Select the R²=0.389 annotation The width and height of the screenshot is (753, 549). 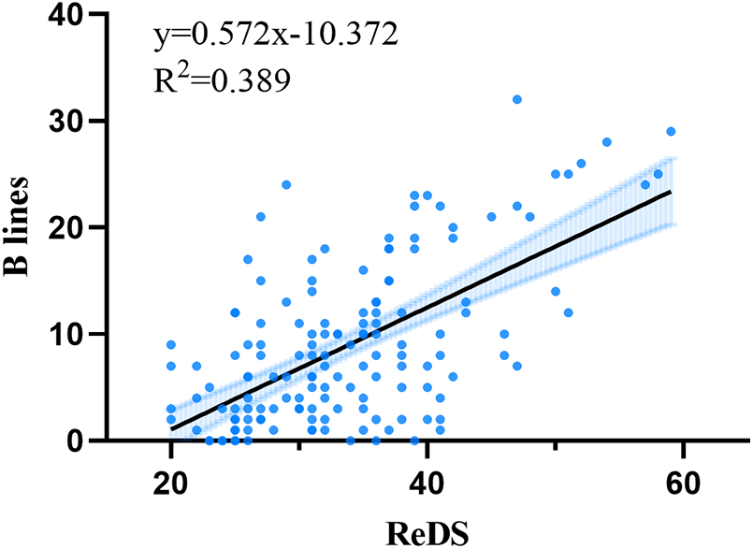[222, 79]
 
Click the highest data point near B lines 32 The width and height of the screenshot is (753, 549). [516, 100]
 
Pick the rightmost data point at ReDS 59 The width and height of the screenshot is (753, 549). [670, 132]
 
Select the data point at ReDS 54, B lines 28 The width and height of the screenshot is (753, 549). [606, 142]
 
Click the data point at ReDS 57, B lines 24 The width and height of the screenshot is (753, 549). [644, 184]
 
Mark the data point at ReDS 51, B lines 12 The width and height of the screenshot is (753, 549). [568, 312]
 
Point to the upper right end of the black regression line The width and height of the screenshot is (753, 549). [670, 192]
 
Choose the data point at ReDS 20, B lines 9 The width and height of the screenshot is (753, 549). [171, 344]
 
